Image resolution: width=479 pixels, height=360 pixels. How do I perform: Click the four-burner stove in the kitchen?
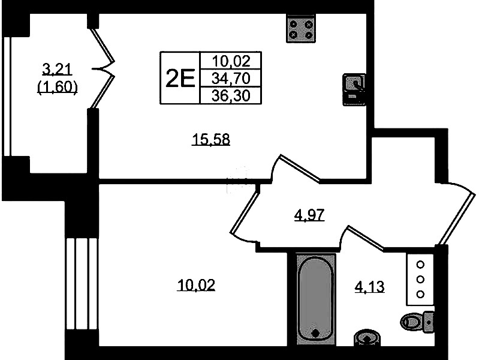click(x=301, y=28)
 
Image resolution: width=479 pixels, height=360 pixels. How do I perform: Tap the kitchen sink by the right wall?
click(x=354, y=89)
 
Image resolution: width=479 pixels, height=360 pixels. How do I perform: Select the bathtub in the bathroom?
click(x=315, y=299)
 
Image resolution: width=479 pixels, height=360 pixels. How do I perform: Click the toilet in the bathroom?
click(x=417, y=322)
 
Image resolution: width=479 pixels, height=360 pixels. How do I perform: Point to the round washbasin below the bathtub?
click(x=367, y=337)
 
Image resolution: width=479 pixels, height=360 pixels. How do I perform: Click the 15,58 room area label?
click(x=211, y=139)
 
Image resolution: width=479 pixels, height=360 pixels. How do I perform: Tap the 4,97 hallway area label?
click(x=309, y=215)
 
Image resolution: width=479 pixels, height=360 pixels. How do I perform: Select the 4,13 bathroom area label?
click(x=369, y=287)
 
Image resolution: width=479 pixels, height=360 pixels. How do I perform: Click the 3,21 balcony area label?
click(x=57, y=70)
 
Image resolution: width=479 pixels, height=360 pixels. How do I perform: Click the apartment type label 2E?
click(x=180, y=79)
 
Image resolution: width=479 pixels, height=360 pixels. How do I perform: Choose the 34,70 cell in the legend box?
click(x=231, y=79)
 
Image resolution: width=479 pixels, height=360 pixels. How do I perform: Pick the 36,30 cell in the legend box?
click(x=231, y=96)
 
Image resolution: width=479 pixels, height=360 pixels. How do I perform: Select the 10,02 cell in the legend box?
click(x=231, y=61)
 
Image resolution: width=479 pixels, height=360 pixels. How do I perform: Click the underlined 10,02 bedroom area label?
click(x=196, y=285)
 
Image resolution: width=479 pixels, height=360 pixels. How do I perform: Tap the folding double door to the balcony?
click(x=103, y=68)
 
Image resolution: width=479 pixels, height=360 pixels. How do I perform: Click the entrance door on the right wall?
click(x=456, y=214)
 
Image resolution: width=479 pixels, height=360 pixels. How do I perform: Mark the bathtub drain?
click(x=315, y=333)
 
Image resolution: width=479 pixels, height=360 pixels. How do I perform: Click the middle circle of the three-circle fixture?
click(x=420, y=279)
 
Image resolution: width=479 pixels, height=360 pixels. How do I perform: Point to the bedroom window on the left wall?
click(x=82, y=284)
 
